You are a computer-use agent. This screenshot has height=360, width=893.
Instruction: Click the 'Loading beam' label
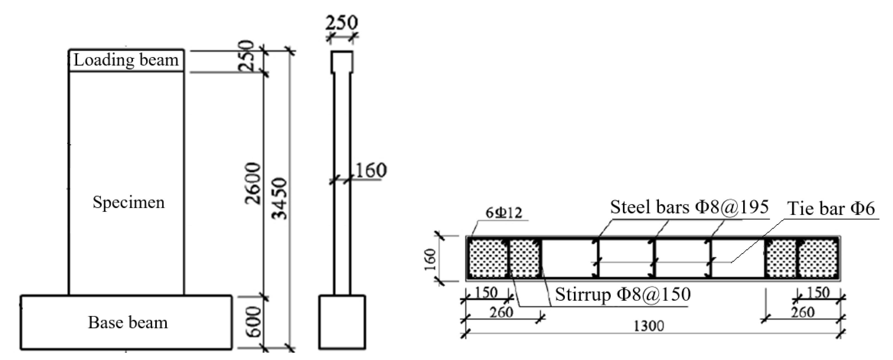coord(126,60)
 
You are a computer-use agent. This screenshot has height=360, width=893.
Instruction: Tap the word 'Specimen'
coord(129,202)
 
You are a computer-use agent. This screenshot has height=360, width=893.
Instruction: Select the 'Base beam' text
coord(128,323)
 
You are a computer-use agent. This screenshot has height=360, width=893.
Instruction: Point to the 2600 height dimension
coord(252,184)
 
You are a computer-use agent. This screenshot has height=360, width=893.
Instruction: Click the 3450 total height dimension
coord(279,199)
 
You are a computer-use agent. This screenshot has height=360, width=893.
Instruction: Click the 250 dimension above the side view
coord(341,23)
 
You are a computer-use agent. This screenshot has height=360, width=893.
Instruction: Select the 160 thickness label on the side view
coord(371,171)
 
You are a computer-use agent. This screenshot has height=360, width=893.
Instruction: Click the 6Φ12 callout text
coord(504,213)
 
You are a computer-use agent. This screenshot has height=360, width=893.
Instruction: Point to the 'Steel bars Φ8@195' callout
coord(689,207)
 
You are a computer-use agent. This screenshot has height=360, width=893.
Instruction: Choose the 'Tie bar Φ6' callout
coord(831,209)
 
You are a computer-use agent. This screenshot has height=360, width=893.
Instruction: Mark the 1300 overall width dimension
coord(649,326)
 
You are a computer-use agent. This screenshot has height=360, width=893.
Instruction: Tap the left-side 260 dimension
coord(501,313)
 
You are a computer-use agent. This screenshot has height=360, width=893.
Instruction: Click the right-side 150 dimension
coord(818,293)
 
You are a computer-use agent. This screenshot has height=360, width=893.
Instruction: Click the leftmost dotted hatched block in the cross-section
coord(487,258)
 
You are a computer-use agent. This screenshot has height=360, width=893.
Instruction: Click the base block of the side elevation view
coord(342,322)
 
